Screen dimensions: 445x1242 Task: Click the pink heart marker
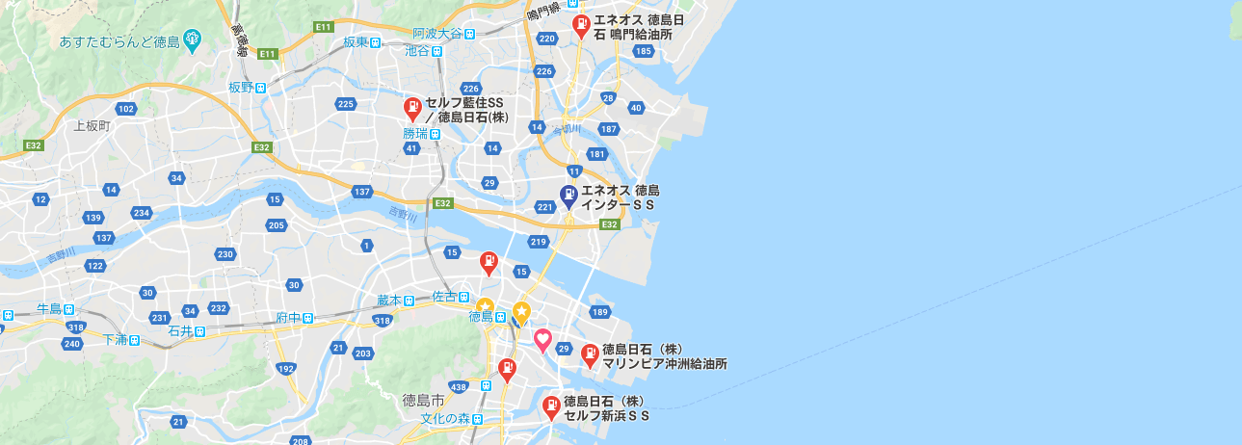(542, 339)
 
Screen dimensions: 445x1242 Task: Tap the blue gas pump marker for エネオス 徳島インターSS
(568, 196)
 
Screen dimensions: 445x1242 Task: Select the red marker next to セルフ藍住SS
(411, 108)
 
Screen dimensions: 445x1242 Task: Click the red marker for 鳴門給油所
(580, 25)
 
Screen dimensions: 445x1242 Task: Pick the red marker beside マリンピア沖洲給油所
(590, 355)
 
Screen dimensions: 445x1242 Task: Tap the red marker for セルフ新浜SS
(551, 406)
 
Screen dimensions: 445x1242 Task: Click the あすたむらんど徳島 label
(120, 40)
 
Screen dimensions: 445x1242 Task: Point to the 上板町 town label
(92, 126)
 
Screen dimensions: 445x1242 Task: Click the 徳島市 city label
(423, 399)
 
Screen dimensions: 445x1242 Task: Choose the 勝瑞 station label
(416, 135)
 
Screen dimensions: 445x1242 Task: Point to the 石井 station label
(181, 331)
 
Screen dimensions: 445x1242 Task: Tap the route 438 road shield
(459, 387)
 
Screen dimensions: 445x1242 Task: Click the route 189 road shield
(600, 312)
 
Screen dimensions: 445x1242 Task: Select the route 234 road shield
(142, 213)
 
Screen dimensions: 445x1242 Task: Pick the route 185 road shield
(645, 50)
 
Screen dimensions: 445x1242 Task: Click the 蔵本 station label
(390, 301)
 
